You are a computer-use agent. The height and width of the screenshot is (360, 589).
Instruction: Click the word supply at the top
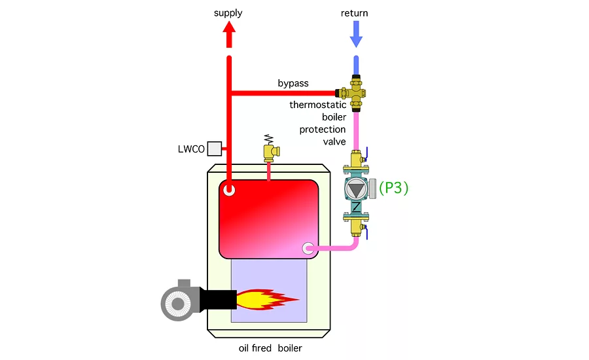[228, 13]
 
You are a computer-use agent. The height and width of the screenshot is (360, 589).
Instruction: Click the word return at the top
[355, 13]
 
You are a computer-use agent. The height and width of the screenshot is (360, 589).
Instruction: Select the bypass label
[293, 84]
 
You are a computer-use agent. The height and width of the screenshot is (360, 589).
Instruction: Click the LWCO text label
[190, 149]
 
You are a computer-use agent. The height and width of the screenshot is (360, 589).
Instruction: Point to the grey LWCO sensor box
[214, 149]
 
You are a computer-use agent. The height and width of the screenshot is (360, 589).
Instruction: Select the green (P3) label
[393, 189]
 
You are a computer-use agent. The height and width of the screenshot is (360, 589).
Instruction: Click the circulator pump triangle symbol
[356, 189]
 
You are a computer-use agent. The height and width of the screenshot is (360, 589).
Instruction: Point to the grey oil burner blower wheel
[177, 301]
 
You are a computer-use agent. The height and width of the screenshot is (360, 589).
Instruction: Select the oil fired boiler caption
[270, 348]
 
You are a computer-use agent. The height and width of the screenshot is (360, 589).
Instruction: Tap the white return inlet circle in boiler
[310, 249]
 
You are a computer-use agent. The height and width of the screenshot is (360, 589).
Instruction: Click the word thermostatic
[317, 105]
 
